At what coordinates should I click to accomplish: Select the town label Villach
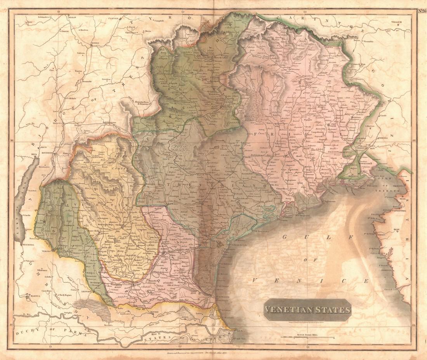[x=398, y=22]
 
